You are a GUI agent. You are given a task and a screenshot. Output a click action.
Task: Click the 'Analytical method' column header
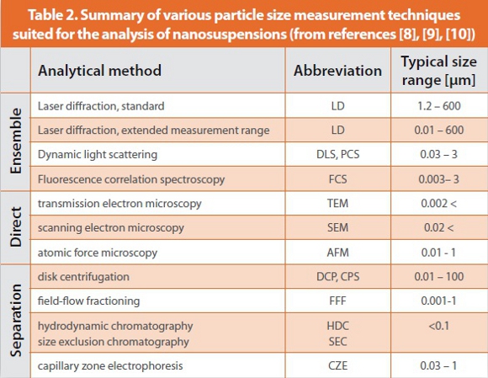pyautogui.click(x=99, y=70)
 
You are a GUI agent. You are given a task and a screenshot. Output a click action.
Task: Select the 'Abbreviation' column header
pyautogui.click(x=337, y=70)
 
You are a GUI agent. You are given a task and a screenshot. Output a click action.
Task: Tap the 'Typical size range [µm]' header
pyautogui.click(x=434, y=70)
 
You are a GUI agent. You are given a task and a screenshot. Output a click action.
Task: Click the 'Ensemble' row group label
pyautogui.click(x=14, y=142)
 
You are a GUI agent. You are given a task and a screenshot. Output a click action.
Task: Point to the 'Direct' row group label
pyautogui.click(x=14, y=228)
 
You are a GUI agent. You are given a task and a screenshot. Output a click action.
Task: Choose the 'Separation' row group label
pyautogui.click(x=14, y=321)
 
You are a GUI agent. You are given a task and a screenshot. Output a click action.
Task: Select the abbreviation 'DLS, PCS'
pyautogui.click(x=337, y=155)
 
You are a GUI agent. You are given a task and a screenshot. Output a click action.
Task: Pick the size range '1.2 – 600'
pyautogui.click(x=434, y=106)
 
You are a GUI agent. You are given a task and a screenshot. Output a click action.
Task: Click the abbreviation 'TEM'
pyautogui.click(x=337, y=204)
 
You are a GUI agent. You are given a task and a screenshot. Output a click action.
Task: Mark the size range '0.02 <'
pyautogui.click(x=434, y=228)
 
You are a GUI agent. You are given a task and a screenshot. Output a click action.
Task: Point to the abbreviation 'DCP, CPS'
pyautogui.click(x=337, y=276)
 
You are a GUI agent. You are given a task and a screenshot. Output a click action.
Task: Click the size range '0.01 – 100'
pyautogui.click(x=434, y=276)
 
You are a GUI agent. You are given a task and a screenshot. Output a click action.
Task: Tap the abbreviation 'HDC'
pyautogui.click(x=337, y=325)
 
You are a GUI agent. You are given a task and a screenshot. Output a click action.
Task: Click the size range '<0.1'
pyautogui.click(x=434, y=325)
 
